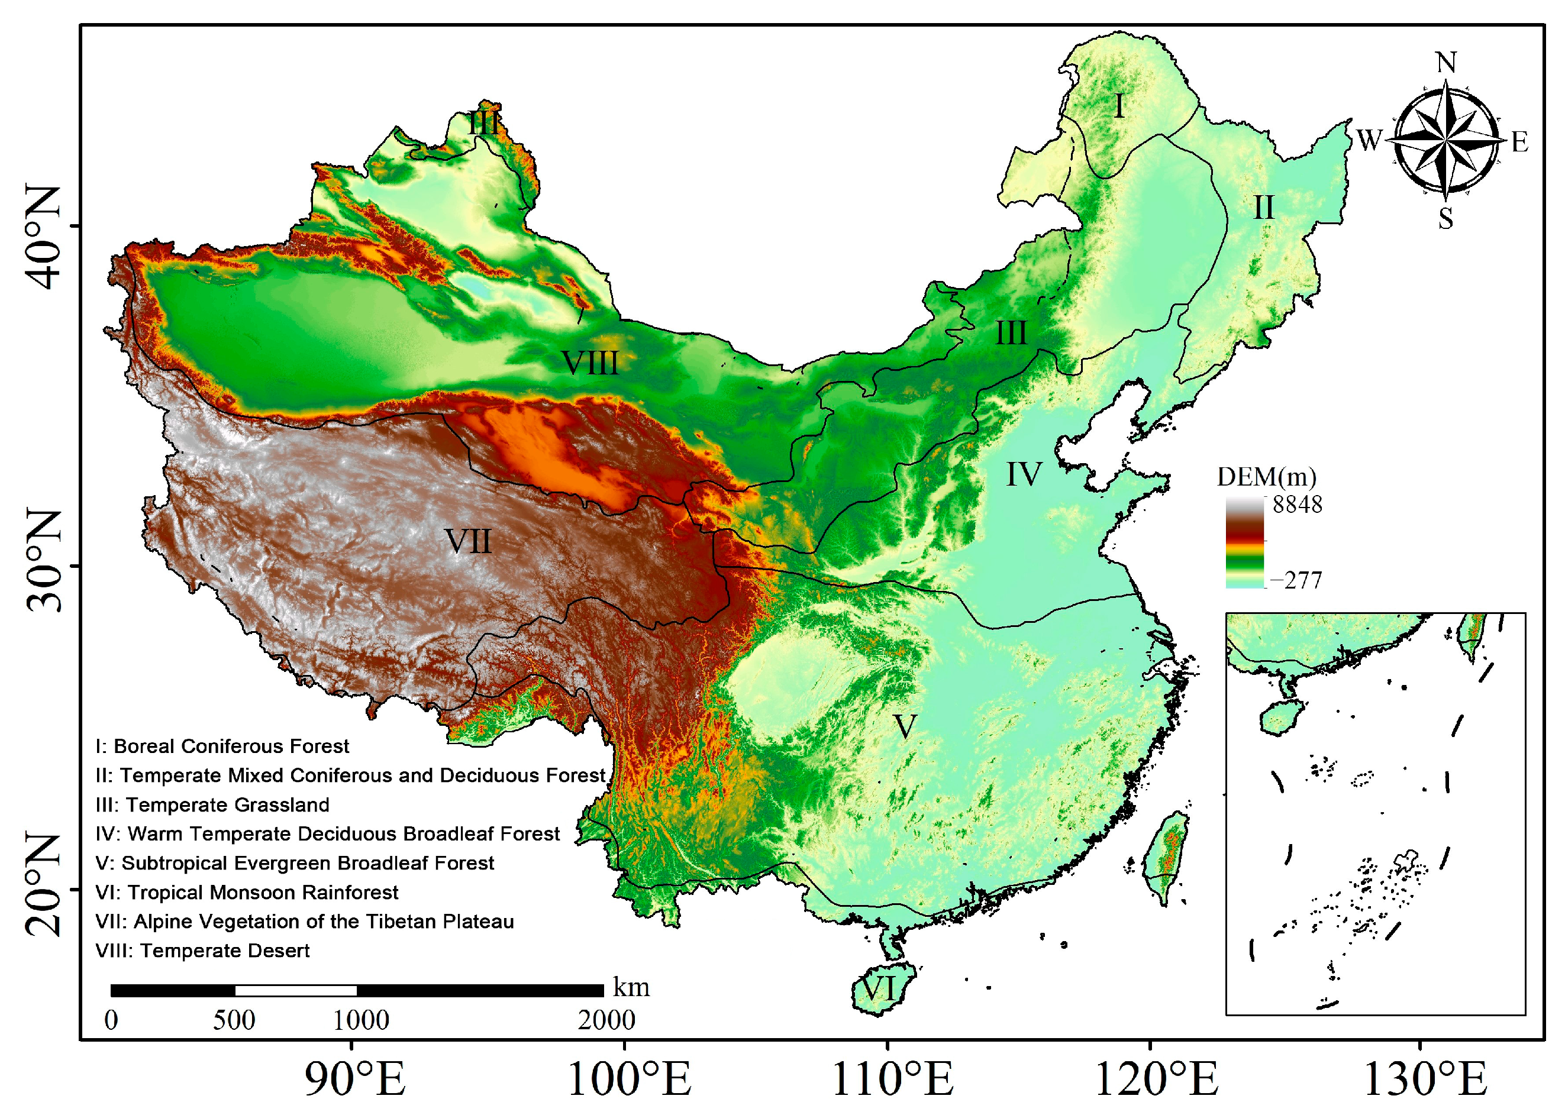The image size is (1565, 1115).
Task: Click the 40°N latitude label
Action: point(43,237)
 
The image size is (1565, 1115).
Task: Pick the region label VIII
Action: point(590,363)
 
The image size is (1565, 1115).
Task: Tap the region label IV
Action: point(1023,474)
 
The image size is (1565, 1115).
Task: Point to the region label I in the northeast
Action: point(1119,106)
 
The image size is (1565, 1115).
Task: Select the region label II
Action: point(1263,208)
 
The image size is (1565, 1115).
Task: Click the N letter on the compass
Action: point(1445,63)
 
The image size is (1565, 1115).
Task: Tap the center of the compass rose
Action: point(1445,140)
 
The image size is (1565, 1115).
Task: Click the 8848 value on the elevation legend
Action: point(1296,505)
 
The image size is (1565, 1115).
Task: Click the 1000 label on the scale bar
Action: point(360,1021)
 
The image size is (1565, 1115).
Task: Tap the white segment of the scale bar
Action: point(295,991)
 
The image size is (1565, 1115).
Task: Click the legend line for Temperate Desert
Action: point(202,951)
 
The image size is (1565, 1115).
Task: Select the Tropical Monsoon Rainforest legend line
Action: point(247,893)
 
